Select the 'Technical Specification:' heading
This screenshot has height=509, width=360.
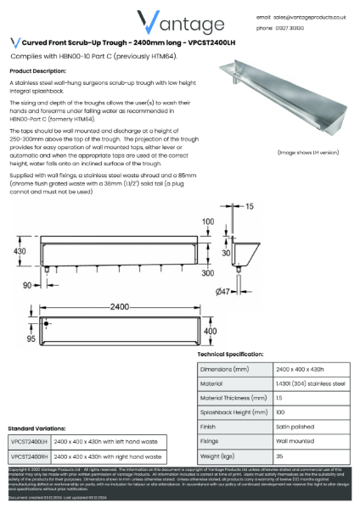[x=230, y=354]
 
